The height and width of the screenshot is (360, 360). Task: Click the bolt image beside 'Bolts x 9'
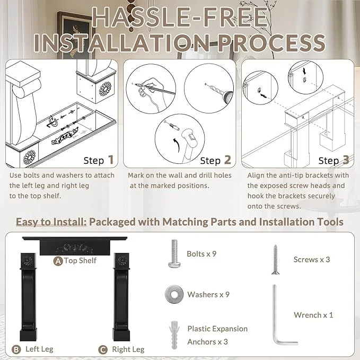174,254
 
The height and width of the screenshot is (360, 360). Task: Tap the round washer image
174,295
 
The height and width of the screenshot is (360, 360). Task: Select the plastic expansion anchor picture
174,335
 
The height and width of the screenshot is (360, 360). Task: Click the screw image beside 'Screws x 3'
275,259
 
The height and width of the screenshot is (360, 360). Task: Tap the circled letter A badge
58,261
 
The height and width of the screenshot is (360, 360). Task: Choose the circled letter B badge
16,349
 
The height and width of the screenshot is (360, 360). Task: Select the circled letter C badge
103,350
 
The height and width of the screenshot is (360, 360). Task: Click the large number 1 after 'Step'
111,160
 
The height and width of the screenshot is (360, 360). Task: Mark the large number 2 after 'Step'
227,160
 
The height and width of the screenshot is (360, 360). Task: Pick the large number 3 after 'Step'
346,160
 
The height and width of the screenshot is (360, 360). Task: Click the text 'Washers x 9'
208,295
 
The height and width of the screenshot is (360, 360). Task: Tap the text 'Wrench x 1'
313,315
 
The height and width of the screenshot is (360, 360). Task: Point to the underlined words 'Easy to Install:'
51,222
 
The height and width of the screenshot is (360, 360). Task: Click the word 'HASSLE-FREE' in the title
180,17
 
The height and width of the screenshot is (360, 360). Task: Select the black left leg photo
28,297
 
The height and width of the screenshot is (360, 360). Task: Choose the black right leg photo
121,297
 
